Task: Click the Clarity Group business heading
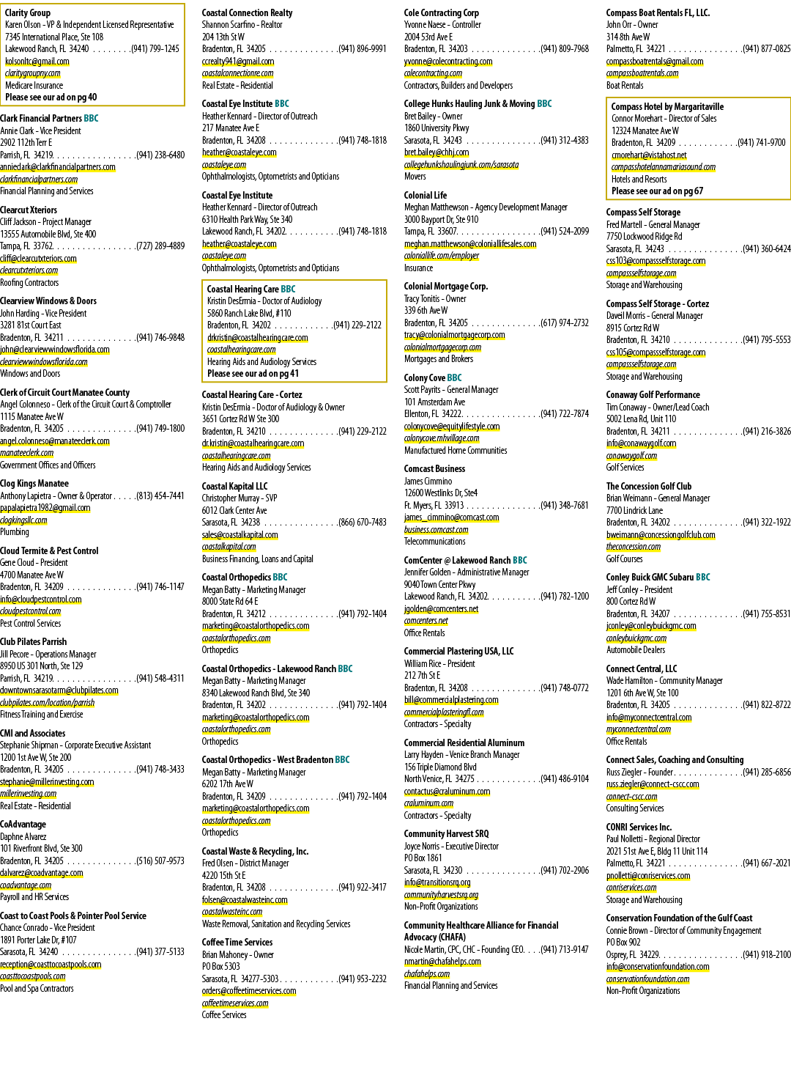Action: pyautogui.click(x=27, y=13)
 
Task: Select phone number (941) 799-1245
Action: pyautogui.click(x=155, y=49)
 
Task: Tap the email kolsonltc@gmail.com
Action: pyautogui.click(x=37, y=62)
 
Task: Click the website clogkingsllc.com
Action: pyautogui.click(x=23, y=520)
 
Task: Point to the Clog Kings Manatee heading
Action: pyautogui.click(x=34, y=484)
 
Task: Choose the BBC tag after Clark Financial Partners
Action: pyautogui.click(x=91, y=119)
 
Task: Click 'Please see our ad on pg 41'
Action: pyautogui.click(x=253, y=374)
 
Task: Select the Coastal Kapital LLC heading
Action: pyautogui.click(x=234, y=487)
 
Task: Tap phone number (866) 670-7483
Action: pyautogui.click(x=362, y=523)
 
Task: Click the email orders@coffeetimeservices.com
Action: pyautogui.click(x=249, y=990)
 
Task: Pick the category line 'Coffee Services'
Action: pyautogui.click(x=224, y=1014)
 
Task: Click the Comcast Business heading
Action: pyautogui.click(x=434, y=468)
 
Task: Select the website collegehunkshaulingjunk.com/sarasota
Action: pyautogui.click(x=461, y=165)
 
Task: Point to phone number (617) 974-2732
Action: pyautogui.click(x=565, y=323)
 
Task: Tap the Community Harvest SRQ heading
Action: pyautogui.click(x=446, y=833)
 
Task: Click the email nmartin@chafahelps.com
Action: pyautogui.click(x=442, y=961)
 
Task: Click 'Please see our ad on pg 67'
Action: pyautogui.click(x=657, y=191)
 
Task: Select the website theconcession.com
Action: pyautogui.click(x=633, y=546)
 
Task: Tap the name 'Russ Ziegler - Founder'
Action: pyautogui.click(x=639, y=772)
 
